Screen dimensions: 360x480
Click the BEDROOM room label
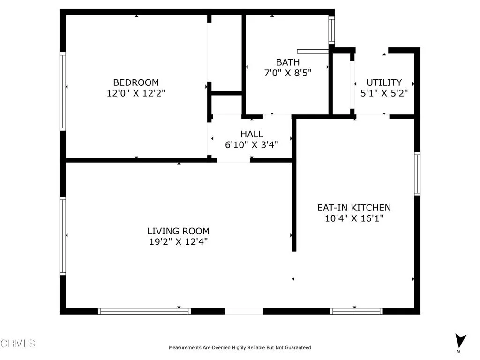point(136,82)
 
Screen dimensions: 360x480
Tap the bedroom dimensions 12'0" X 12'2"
point(136,93)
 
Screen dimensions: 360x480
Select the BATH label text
point(287,62)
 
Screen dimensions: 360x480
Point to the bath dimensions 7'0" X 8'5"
point(287,73)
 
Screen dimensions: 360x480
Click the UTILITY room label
point(384,82)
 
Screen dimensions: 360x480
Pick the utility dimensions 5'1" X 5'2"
point(384,93)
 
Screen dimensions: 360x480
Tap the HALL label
point(252,134)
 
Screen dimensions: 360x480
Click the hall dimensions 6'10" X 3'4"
point(252,145)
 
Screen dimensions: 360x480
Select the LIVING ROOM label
point(178,231)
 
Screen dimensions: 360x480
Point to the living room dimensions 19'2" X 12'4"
point(178,242)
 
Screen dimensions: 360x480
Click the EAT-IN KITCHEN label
point(354,207)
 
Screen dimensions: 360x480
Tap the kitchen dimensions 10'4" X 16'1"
point(354,218)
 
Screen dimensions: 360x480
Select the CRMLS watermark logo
point(18,344)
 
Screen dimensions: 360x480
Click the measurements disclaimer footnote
point(240,348)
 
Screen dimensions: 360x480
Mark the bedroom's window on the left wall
point(62,91)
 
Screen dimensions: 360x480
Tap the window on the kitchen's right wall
point(417,173)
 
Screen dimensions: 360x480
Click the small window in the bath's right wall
point(331,30)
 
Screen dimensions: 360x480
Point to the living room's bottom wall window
point(144,311)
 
